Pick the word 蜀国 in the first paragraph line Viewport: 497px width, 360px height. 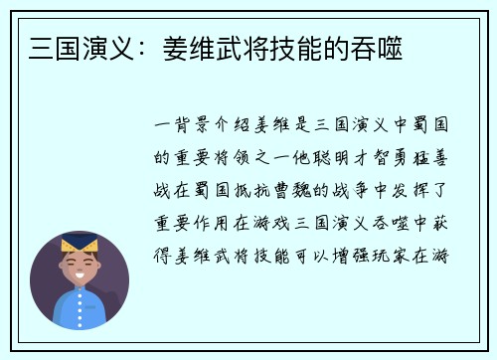434,128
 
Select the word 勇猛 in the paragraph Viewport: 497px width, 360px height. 405,159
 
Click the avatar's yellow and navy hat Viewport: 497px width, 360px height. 79,243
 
